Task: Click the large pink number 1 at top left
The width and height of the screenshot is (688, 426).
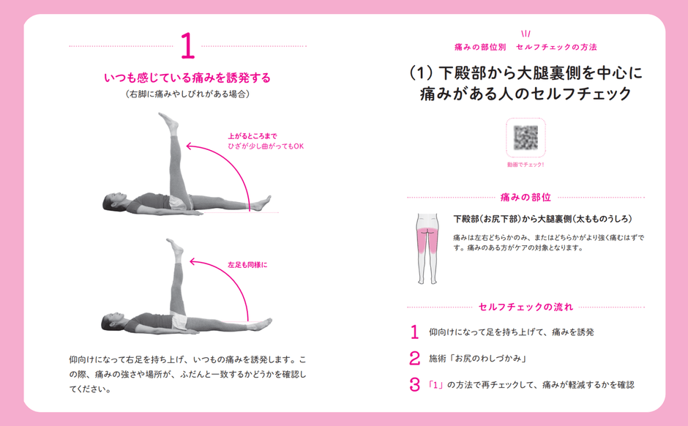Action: coord(187,46)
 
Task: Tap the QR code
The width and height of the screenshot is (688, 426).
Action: coord(526,137)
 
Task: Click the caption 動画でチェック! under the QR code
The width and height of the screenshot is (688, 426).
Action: coord(526,165)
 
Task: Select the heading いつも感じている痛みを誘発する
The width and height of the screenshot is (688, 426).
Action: coord(187,77)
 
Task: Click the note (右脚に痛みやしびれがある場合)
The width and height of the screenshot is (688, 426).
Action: coord(187,94)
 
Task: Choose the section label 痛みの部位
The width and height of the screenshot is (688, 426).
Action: coord(526,198)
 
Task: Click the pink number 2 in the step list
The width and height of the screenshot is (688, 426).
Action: coord(414,358)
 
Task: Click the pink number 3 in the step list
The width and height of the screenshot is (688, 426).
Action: coord(414,384)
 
